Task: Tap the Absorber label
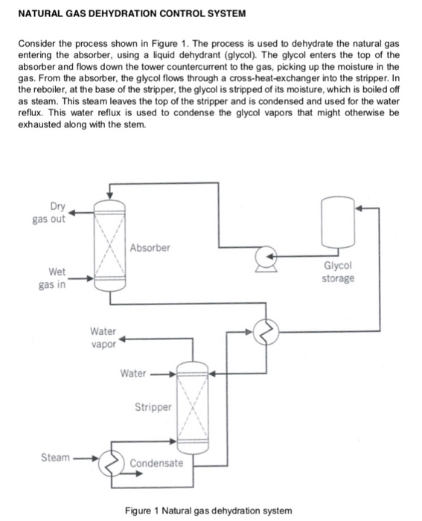click(150, 246)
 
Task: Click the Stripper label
click(153, 407)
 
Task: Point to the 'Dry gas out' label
click(49, 212)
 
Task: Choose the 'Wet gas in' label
click(48, 280)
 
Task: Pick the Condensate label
click(156, 463)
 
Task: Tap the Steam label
click(56, 458)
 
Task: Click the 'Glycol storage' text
click(338, 272)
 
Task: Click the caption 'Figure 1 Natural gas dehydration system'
click(209, 510)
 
